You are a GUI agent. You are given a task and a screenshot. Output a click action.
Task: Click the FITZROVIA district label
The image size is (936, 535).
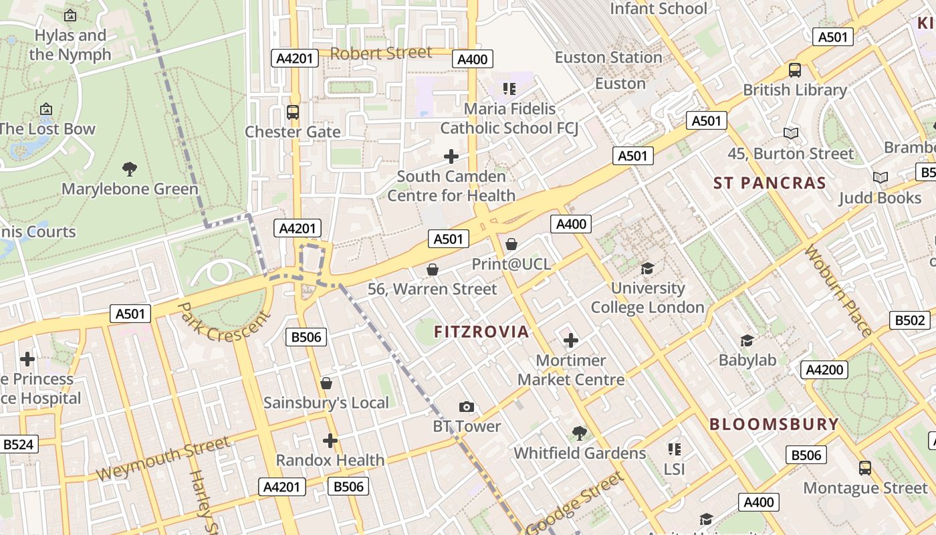(481, 332)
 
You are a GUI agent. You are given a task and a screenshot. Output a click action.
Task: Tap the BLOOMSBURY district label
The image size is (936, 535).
(774, 424)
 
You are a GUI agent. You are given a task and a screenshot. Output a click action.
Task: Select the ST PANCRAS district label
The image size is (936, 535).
(770, 183)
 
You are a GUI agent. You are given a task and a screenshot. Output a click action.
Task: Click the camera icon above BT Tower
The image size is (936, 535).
(467, 407)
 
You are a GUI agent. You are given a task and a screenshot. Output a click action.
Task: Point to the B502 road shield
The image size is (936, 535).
(910, 320)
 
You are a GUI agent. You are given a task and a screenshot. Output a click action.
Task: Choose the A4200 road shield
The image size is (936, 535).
(824, 370)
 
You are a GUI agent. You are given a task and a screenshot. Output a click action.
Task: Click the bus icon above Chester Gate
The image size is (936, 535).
(292, 112)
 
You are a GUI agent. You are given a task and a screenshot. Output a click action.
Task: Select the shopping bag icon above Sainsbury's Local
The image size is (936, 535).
(326, 383)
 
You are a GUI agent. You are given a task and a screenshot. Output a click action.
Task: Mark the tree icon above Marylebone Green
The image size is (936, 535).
(130, 169)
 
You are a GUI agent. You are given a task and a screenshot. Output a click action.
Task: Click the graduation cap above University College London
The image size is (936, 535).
(647, 268)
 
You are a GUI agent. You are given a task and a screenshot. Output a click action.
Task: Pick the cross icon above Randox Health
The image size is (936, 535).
(330, 441)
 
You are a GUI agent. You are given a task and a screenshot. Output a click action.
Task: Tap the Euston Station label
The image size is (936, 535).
(608, 58)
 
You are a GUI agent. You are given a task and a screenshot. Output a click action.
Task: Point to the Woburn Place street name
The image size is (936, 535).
(838, 291)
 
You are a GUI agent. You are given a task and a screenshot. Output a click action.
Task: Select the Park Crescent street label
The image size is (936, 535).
(224, 322)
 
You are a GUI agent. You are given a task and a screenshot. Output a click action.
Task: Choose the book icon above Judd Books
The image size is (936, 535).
(881, 177)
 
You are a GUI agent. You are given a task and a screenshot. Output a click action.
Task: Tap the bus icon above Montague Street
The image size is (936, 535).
(865, 467)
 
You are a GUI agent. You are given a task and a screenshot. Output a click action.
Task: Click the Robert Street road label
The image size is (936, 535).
(381, 53)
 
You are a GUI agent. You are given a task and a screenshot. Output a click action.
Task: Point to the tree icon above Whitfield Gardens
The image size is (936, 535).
(580, 433)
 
